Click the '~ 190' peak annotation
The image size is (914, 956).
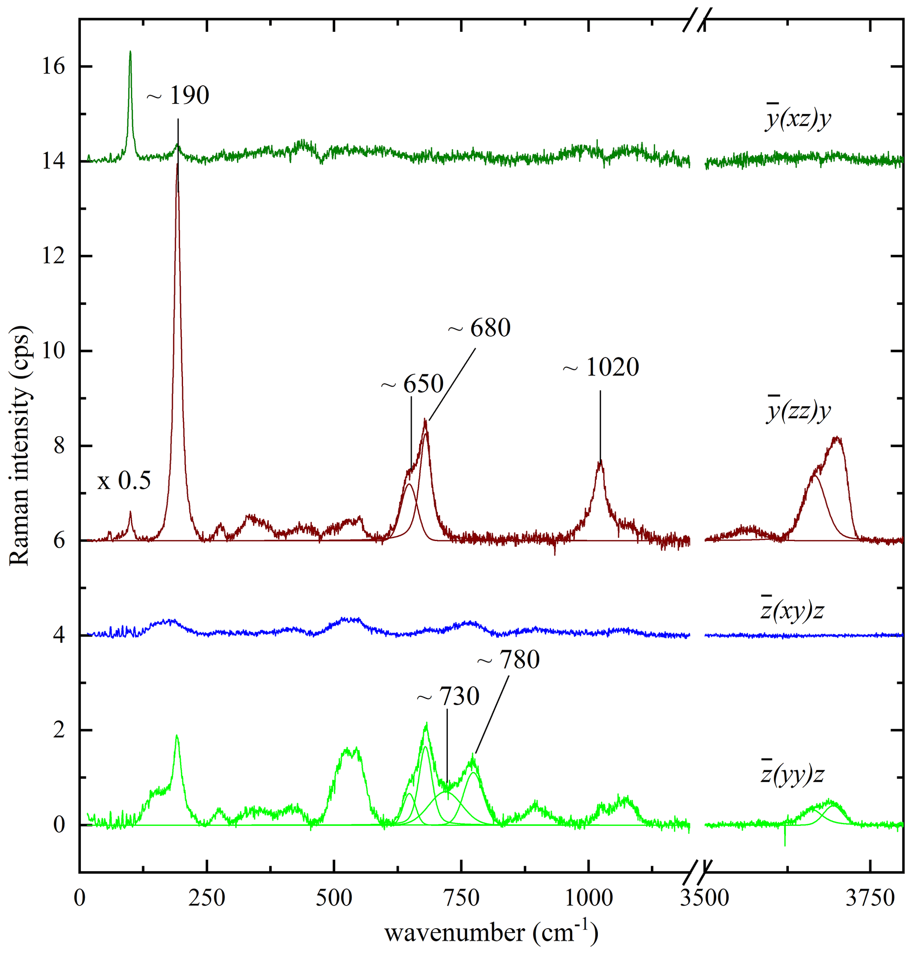178,96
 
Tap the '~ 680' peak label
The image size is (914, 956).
479,328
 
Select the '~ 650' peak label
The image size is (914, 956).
412,384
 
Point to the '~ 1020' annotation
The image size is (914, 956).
601,368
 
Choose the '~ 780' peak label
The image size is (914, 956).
509,660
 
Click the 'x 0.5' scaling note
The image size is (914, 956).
124,481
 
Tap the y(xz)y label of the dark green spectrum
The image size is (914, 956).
798,119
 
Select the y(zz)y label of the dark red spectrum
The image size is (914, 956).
798,411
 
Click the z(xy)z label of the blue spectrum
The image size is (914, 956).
792,610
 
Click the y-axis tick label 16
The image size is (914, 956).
53,66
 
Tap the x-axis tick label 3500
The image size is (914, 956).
705,898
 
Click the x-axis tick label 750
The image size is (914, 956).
461,898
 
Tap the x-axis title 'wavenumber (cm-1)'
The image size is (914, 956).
491,932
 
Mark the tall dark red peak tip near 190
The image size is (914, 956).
177,165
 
